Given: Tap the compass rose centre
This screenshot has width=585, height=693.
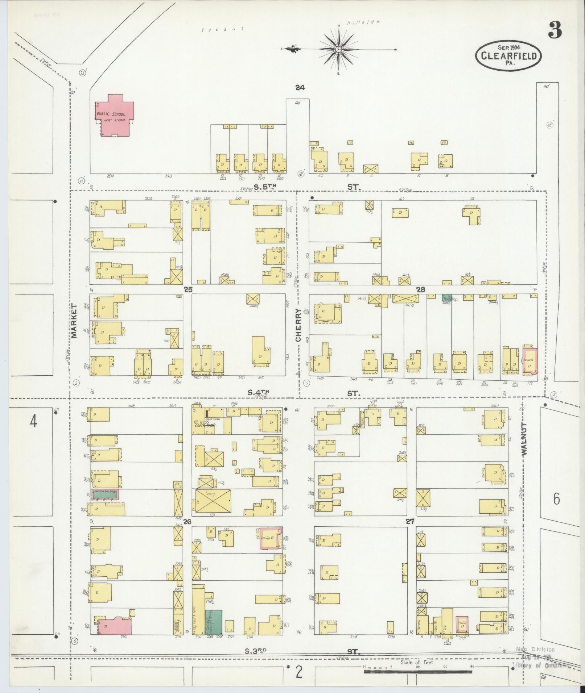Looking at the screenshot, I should coord(338,49).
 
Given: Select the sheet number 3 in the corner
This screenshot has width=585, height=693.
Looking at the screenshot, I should coord(555,30).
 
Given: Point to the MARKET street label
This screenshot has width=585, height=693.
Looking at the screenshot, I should coord(74,321).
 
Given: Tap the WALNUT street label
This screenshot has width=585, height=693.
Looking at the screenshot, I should coord(524,439).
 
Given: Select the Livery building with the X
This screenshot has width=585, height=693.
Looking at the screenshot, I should coord(213,500).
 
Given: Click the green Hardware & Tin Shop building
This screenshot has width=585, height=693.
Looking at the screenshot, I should coord(105,494).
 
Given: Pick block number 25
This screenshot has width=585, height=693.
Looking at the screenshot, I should coord(188,289).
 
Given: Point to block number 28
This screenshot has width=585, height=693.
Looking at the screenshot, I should coord(421,289).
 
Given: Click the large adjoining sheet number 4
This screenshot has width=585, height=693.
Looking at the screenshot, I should coord(33,421).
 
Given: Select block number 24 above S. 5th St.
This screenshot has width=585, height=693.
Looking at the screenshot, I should coord(300,87).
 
